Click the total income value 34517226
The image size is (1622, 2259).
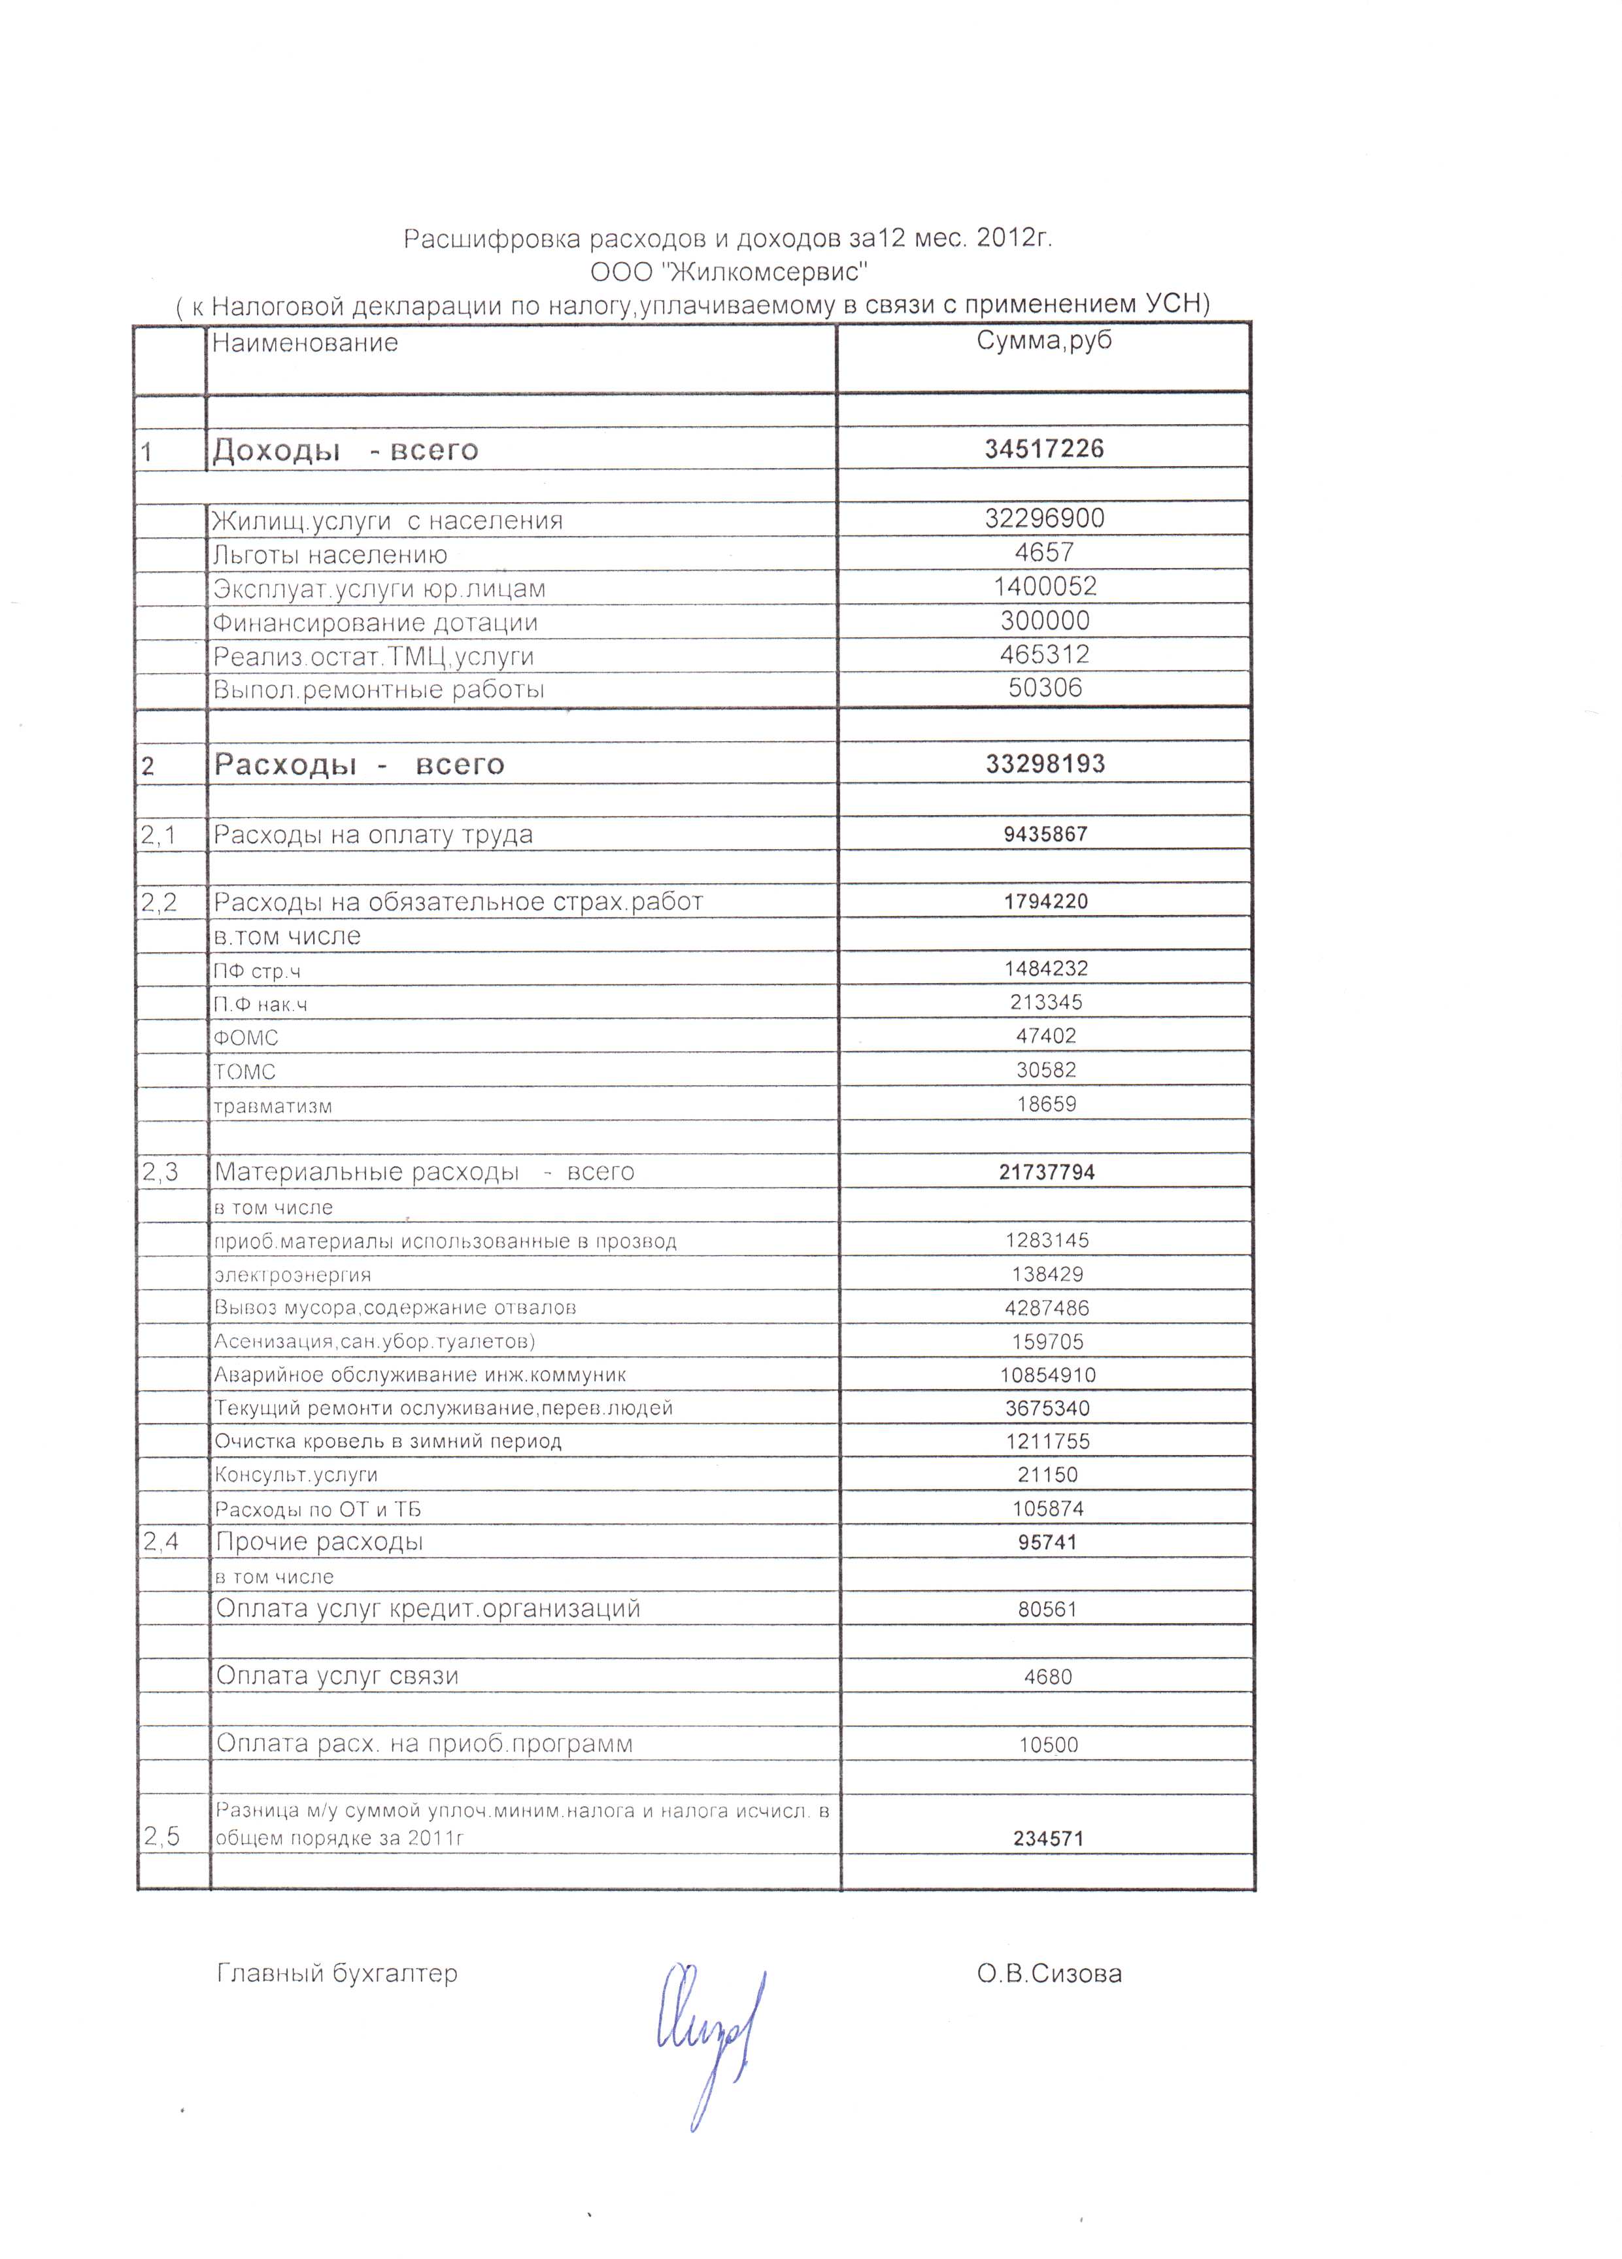coord(1043,449)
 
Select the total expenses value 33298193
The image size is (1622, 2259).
coord(1044,764)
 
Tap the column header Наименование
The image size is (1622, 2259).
coord(305,344)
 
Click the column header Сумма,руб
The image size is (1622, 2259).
coord(1043,341)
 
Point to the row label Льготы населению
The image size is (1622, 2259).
coord(329,555)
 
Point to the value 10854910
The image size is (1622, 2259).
coord(1047,1375)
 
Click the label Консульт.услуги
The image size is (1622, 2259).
coord(296,1475)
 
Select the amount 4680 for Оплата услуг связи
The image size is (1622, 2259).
coord(1047,1677)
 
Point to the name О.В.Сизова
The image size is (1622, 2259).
coord(1049,1974)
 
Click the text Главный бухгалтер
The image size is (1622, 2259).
coord(337,1974)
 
